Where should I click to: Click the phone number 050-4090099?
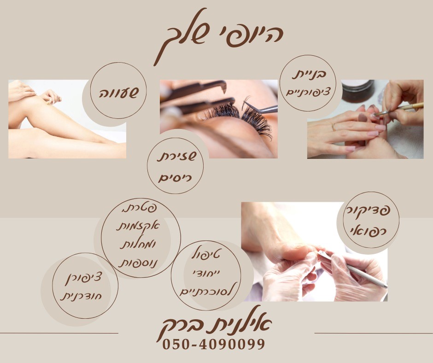(x=213, y=344)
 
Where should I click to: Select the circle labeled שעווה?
(x=118, y=90)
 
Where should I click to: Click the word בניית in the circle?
(x=309, y=74)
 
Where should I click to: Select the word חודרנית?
(x=81, y=296)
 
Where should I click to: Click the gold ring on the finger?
(x=334, y=127)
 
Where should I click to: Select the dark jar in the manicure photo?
(x=358, y=91)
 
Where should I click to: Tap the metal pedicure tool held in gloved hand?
(x=351, y=269)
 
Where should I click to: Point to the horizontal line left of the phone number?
(x=59, y=333)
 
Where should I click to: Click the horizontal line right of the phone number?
(x=374, y=333)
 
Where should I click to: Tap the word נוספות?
(x=137, y=263)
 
